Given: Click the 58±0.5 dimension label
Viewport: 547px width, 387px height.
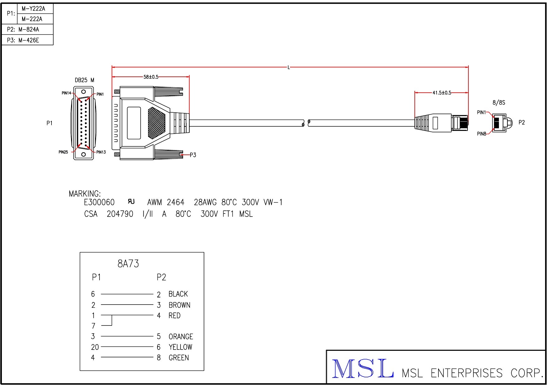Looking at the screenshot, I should [x=151, y=77].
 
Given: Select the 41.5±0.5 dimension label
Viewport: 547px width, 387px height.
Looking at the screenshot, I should [x=442, y=93].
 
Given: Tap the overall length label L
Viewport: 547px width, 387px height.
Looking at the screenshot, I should [x=289, y=67].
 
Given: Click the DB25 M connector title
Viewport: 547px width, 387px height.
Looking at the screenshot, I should [x=84, y=80].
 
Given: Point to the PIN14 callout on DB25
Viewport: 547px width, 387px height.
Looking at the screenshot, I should [x=66, y=93].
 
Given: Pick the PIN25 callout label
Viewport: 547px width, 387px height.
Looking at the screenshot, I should [x=63, y=152].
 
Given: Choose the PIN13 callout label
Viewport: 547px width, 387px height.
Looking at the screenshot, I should [x=101, y=152].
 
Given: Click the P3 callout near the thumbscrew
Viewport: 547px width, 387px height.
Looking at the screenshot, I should [x=193, y=155].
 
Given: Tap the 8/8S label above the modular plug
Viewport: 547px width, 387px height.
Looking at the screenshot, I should [x=499, y=102].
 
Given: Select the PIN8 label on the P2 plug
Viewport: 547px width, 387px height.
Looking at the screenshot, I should [x=482, y=134].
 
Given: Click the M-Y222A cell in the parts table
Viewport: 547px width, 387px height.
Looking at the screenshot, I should [x=33, y=9].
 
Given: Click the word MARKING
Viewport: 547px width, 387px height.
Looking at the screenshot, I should [x=85, y=194].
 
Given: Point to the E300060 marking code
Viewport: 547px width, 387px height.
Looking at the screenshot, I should [x=99, y=203].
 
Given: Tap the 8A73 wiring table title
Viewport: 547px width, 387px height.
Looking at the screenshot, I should [x=128, y=264].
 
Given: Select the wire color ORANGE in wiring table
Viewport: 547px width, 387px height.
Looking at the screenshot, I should [x=181, y=337].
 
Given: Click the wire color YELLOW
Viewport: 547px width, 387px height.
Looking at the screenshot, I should [x=180, y=347].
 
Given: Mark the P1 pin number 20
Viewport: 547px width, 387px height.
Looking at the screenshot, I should [x=95, y=347].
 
